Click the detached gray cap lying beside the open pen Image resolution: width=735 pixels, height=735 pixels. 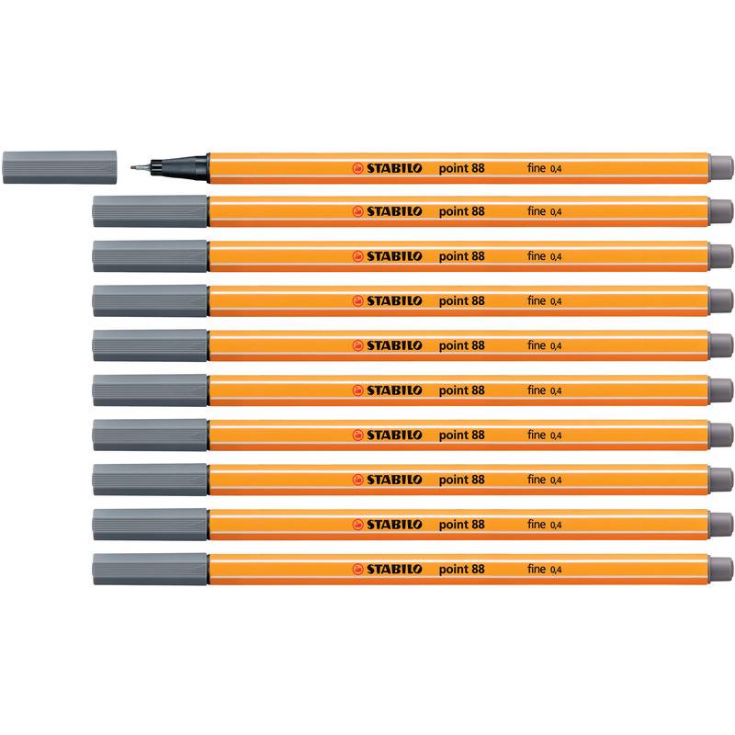tap(60, 167)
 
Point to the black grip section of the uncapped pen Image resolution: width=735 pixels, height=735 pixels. tap(179, 167)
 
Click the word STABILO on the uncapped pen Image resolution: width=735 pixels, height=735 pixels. tap(394, 168)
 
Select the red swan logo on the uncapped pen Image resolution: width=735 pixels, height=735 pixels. tap(358, 168)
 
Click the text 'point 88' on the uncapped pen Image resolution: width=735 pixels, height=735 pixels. tap(462, 168)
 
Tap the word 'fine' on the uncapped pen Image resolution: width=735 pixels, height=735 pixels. tap(537, 168)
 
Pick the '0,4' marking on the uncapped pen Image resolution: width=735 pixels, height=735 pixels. tap(556, 169)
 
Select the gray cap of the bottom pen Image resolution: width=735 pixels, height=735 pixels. tap(150, 569)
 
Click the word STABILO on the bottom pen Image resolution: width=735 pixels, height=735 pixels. tap(394, 569)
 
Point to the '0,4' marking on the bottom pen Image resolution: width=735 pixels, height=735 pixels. tap(556, 570)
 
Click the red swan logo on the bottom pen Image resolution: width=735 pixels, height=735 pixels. tap(358, 569)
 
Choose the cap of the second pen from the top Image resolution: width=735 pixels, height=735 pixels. tap(150, 211)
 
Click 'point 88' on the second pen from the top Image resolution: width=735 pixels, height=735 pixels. tap(462, 212)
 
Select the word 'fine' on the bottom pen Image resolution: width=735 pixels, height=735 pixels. tap(537, 569)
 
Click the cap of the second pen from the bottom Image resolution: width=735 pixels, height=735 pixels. tap(150, 525)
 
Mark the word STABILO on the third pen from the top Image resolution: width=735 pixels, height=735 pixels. tap(394, 256)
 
